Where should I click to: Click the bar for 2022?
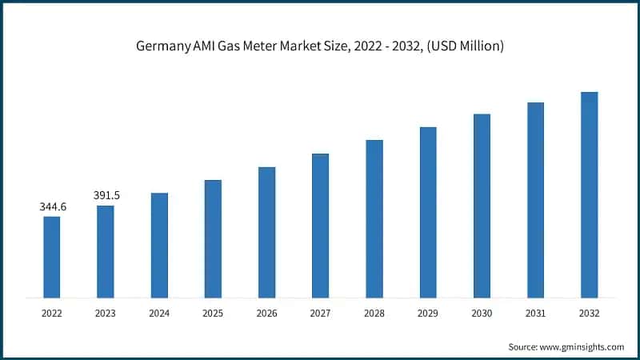52,257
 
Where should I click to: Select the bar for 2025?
213,238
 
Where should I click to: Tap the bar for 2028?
374,218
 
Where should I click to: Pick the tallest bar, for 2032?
590,194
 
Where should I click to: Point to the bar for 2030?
482,206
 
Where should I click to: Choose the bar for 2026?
266,232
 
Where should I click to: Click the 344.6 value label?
53,207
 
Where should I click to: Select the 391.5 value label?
106,195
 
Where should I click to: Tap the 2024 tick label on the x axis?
159,314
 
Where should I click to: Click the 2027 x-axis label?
320,314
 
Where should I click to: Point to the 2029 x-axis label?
428,314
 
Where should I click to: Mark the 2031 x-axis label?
535,314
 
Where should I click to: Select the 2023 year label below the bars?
106,314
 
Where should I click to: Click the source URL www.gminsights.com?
581,346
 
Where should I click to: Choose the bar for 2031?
535,200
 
